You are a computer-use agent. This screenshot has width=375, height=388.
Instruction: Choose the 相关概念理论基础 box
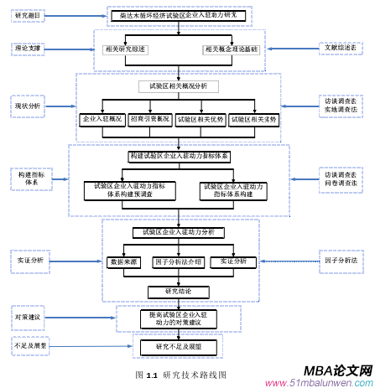tap(232, 49)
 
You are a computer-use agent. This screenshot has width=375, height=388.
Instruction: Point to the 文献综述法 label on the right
tap(340, 49)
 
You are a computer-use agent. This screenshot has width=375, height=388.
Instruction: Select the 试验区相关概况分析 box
tap(177, 86)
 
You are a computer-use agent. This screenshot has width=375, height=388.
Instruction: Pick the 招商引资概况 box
tap(149, 119)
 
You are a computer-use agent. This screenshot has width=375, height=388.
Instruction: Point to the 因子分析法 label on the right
tap(341, 261)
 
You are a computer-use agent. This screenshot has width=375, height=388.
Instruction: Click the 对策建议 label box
tap(27, 317)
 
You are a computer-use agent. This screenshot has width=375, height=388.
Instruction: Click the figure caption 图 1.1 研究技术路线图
tap(180, 374)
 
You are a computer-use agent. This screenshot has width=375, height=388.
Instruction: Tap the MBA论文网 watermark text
tap(336, 370)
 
